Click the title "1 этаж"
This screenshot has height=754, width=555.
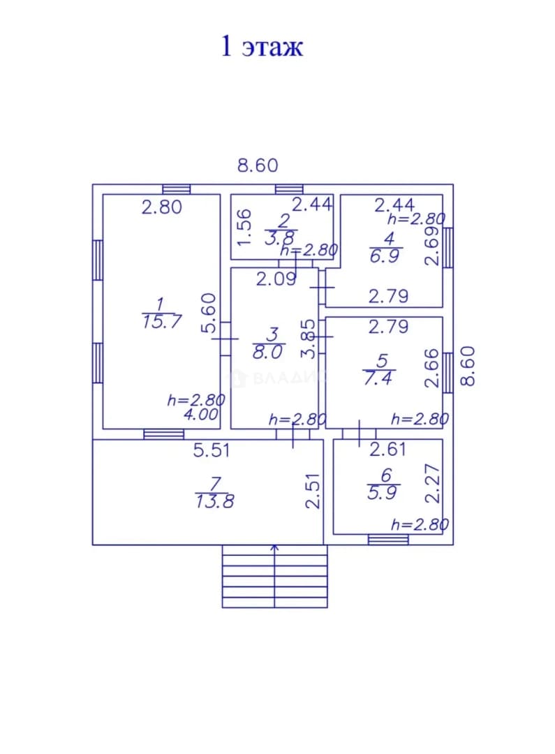coord(262,47)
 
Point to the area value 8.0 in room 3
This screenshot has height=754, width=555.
coord(267,353)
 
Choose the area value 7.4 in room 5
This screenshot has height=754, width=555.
coord(378,378)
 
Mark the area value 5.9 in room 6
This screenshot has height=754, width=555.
coord(382,493)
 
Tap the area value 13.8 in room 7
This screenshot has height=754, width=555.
coord(214,502)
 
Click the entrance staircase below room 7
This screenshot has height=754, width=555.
coord(274,576)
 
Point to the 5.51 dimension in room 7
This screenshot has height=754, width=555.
coord(212,450)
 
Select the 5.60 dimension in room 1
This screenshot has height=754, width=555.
coord(209,313)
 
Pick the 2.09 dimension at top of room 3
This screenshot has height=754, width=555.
coord(276,279)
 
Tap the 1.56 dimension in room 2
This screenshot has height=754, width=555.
coord(244,227)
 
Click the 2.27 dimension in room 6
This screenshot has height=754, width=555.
coord(433,483)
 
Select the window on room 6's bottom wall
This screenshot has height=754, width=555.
coord(388,540)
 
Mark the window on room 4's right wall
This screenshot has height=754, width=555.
coord(447,247)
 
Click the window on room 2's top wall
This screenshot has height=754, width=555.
coord(289,189)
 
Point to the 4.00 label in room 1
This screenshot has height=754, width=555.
coord(201,415)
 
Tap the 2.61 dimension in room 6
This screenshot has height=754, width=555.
coord(387,450)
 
